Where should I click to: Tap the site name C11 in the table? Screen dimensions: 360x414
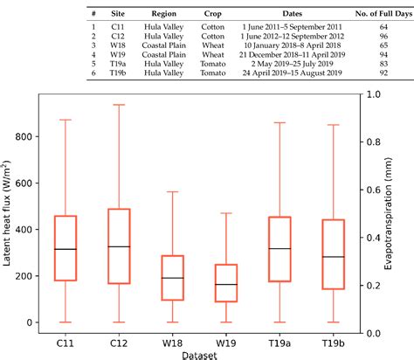coord(116,26)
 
